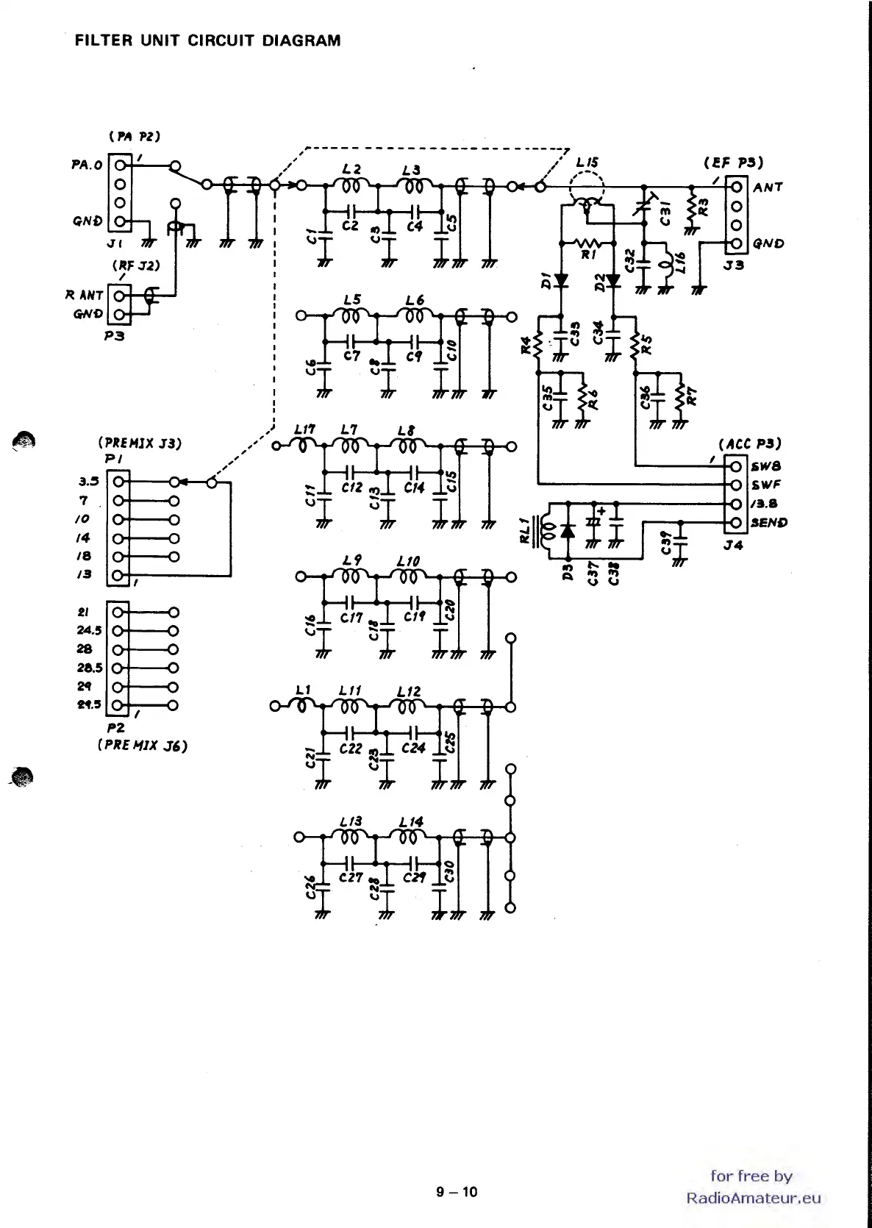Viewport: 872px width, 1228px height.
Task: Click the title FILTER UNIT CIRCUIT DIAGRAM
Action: [207, 41]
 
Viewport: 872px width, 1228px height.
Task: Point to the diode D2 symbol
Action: [612, 280]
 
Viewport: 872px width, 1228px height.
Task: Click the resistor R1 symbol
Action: [587, 243]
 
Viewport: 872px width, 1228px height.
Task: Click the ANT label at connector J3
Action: [768, 188]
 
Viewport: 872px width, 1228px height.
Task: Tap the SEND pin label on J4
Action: [768, 523]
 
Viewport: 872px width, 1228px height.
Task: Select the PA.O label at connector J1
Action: [87, 165]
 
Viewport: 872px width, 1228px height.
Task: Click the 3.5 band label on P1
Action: [88, 482]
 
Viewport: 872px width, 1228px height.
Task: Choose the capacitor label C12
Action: [352, 488]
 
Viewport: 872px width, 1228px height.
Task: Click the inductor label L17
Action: [304, 429]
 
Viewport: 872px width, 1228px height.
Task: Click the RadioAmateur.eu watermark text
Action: [753, 1198]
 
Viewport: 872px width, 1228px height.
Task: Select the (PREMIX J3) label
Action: [139, 443]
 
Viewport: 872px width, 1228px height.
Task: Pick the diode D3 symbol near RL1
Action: [567, 530]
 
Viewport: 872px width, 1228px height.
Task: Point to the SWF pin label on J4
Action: [765, 485]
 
